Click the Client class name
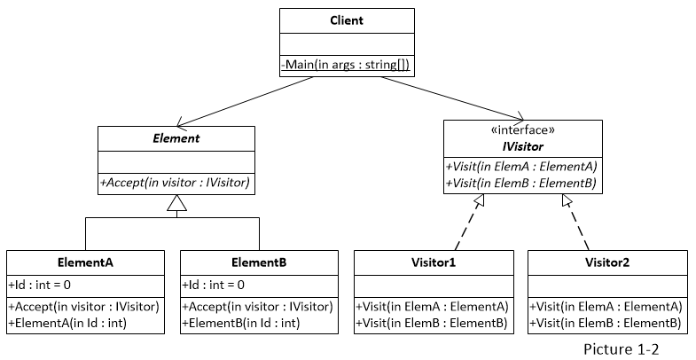[347, 20]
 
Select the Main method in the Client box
[347, 65]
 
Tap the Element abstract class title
[176, 138]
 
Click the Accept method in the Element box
[176, 183]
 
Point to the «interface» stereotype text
[524, 129]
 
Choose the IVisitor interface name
[524, 145]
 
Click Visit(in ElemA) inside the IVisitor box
[524, 167]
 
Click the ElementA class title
[85, 262]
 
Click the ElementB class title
[259, 262]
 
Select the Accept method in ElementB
[258, 306]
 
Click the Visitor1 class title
[433, 262]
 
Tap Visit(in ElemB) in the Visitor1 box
[432, 323]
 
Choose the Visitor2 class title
[606, 262]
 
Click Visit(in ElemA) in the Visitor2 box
[606, 306]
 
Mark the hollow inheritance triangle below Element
[176, 207]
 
